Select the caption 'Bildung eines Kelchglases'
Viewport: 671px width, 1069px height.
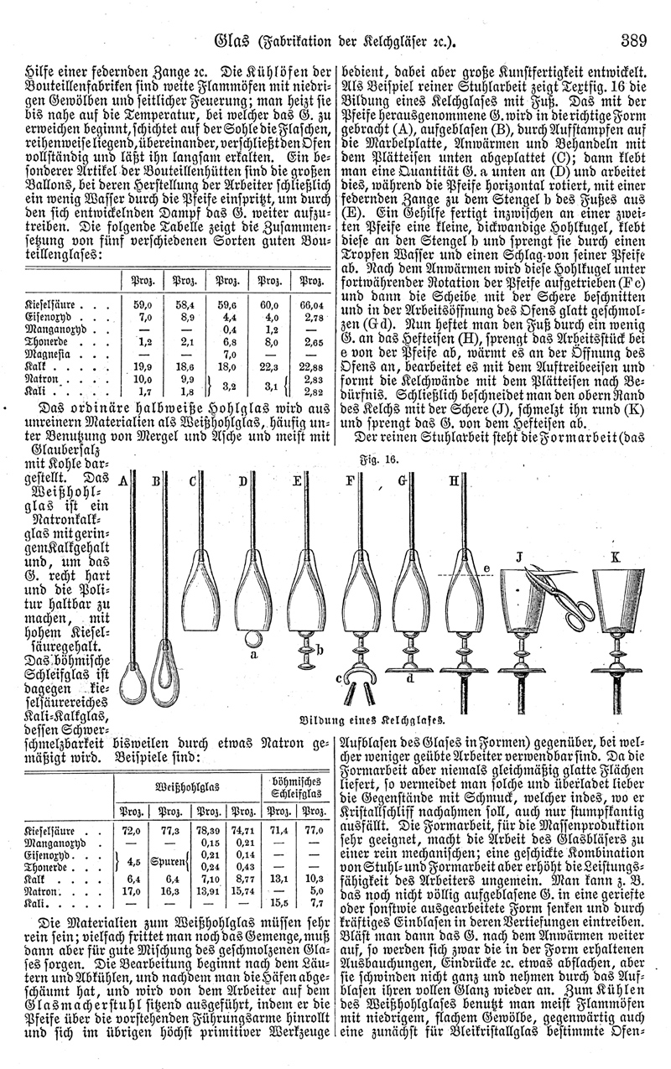pyautogui.click(x=369, y=719)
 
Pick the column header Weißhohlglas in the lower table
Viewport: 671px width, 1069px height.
pyautogui.click(x=198, y=787)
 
